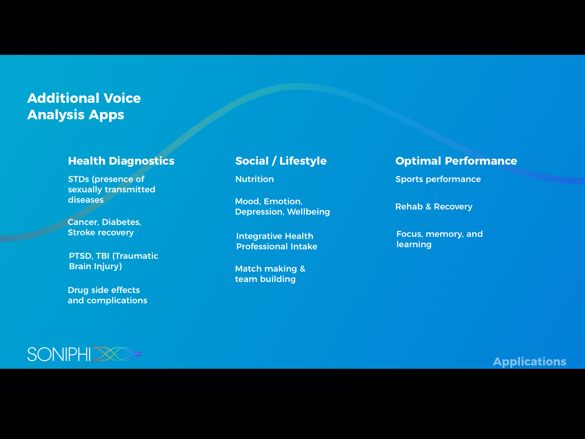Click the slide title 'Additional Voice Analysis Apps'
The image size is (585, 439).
point(84,106)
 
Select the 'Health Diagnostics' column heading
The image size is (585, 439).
point(121,161)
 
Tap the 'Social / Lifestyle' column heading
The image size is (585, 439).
point(281,161)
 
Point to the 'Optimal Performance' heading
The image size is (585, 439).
point(456,161)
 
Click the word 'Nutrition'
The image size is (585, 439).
point(254,179)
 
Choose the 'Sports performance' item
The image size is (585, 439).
point(438,179)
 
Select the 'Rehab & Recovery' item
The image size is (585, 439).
point(434,207)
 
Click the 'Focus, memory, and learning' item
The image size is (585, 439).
point(439,239)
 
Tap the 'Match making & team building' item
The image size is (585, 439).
point(270,274)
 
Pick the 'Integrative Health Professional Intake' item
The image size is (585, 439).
point(277,241)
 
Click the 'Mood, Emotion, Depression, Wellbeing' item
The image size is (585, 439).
point(282,207)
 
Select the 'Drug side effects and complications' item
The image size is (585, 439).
point(107,295)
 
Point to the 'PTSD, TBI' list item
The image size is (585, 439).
point(114,261)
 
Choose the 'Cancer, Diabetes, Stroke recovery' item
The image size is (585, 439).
point(105,227)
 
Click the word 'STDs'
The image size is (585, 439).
point(79,179)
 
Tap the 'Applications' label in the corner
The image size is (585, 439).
point(529,362)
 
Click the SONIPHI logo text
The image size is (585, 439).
point(59,354)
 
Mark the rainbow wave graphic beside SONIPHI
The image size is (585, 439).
point(117,354)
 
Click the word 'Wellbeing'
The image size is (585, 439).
point(308,212)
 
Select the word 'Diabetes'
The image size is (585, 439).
point(121,222)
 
